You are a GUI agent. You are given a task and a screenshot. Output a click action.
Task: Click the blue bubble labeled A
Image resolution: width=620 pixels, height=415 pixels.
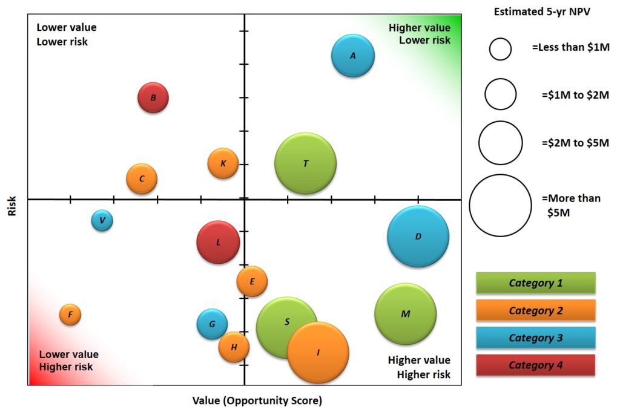click(x=353, y=56)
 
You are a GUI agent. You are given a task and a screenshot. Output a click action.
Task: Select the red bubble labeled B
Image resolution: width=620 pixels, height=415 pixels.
click(x=153, y=97)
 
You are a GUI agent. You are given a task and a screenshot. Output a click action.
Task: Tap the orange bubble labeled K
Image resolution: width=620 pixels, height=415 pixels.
click(x=223, y=163)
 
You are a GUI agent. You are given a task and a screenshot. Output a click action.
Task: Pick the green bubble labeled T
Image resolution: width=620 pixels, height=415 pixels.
click(x=305, y=163)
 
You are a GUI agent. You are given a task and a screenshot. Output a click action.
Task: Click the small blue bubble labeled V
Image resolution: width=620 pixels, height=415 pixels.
click(x=102, y=220)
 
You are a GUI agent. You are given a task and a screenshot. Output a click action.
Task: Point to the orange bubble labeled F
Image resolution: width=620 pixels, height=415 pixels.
click(x=70, y=315)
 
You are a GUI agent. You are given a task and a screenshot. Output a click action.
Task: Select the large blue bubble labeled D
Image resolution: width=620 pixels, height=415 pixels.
click(x=418, y=237)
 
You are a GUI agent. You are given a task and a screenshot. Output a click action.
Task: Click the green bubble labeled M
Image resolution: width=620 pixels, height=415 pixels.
click(x=405, y=314)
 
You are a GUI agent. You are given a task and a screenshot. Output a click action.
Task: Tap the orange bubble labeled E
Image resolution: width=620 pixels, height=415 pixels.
click(x=252, y=281)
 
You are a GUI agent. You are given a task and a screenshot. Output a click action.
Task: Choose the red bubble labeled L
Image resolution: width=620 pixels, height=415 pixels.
click(x=218, y=242)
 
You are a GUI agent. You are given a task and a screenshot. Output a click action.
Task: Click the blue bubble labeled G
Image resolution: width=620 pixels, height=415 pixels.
click(x=212, y=324)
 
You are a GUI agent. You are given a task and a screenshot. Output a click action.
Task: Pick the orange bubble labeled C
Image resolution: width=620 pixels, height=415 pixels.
click(x=142, y=178)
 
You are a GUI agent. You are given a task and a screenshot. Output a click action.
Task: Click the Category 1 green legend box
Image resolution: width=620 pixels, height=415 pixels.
click(x=535, y=283)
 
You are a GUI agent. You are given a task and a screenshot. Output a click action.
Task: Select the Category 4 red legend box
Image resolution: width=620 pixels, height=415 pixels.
click(x=535, y=365)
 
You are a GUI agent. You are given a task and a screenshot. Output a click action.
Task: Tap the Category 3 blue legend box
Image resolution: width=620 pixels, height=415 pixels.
click(x=535, y=338)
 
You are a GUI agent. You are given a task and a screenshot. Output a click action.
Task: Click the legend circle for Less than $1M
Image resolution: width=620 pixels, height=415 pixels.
click(x=500, y=49)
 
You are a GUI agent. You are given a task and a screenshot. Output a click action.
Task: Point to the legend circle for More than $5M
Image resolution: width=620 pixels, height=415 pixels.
click(x=500, y=206)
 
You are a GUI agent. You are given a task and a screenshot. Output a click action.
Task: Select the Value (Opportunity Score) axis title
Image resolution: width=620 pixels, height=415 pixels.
click(x=257, y=400)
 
